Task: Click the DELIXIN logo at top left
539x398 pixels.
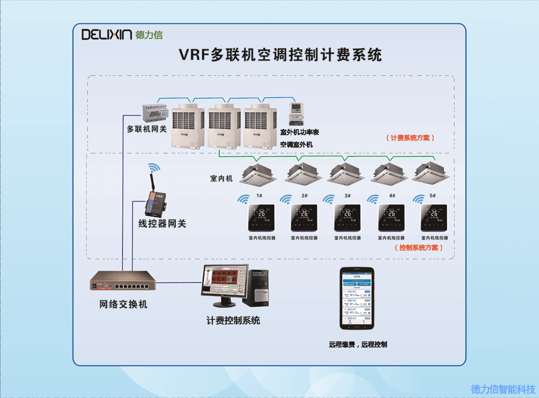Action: point(122,35)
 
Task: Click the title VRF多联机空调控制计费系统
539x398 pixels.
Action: point(281,55)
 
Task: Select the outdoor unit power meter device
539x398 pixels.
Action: point(294,114)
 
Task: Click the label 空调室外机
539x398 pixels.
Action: point(296,144)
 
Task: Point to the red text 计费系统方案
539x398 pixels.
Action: point(410,138)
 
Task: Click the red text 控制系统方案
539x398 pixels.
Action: point(418,247)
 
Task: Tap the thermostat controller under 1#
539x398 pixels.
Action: point(261,218)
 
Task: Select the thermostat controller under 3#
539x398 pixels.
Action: point(347,218)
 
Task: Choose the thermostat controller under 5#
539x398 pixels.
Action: point(434,218)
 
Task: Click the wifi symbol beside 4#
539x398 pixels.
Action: point(373,199)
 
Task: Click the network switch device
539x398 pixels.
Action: point(124,281)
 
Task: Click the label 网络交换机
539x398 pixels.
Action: point(123,304)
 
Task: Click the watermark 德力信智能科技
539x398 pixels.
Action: point(503,390)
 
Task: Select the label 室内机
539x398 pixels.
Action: point(221,178)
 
